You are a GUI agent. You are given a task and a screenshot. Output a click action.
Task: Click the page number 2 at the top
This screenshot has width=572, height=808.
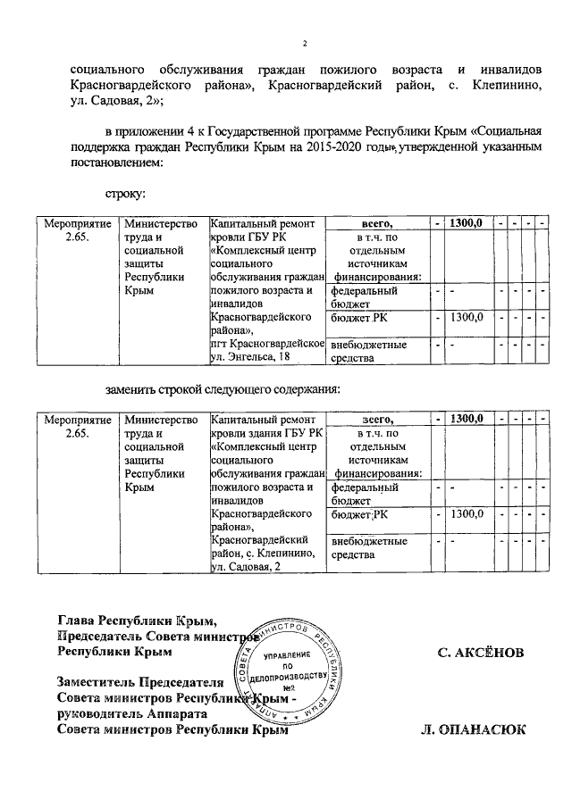(x=304, y=44)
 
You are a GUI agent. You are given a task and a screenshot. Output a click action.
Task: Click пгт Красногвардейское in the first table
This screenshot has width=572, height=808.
(x=266, y=345)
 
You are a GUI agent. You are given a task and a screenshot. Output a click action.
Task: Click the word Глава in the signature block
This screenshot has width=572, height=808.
(x=77, y=620)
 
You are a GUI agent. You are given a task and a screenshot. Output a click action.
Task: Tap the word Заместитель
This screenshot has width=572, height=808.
(x=100, y=681)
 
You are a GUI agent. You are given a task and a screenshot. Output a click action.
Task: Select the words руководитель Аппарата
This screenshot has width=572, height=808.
(x=132, y=714)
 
